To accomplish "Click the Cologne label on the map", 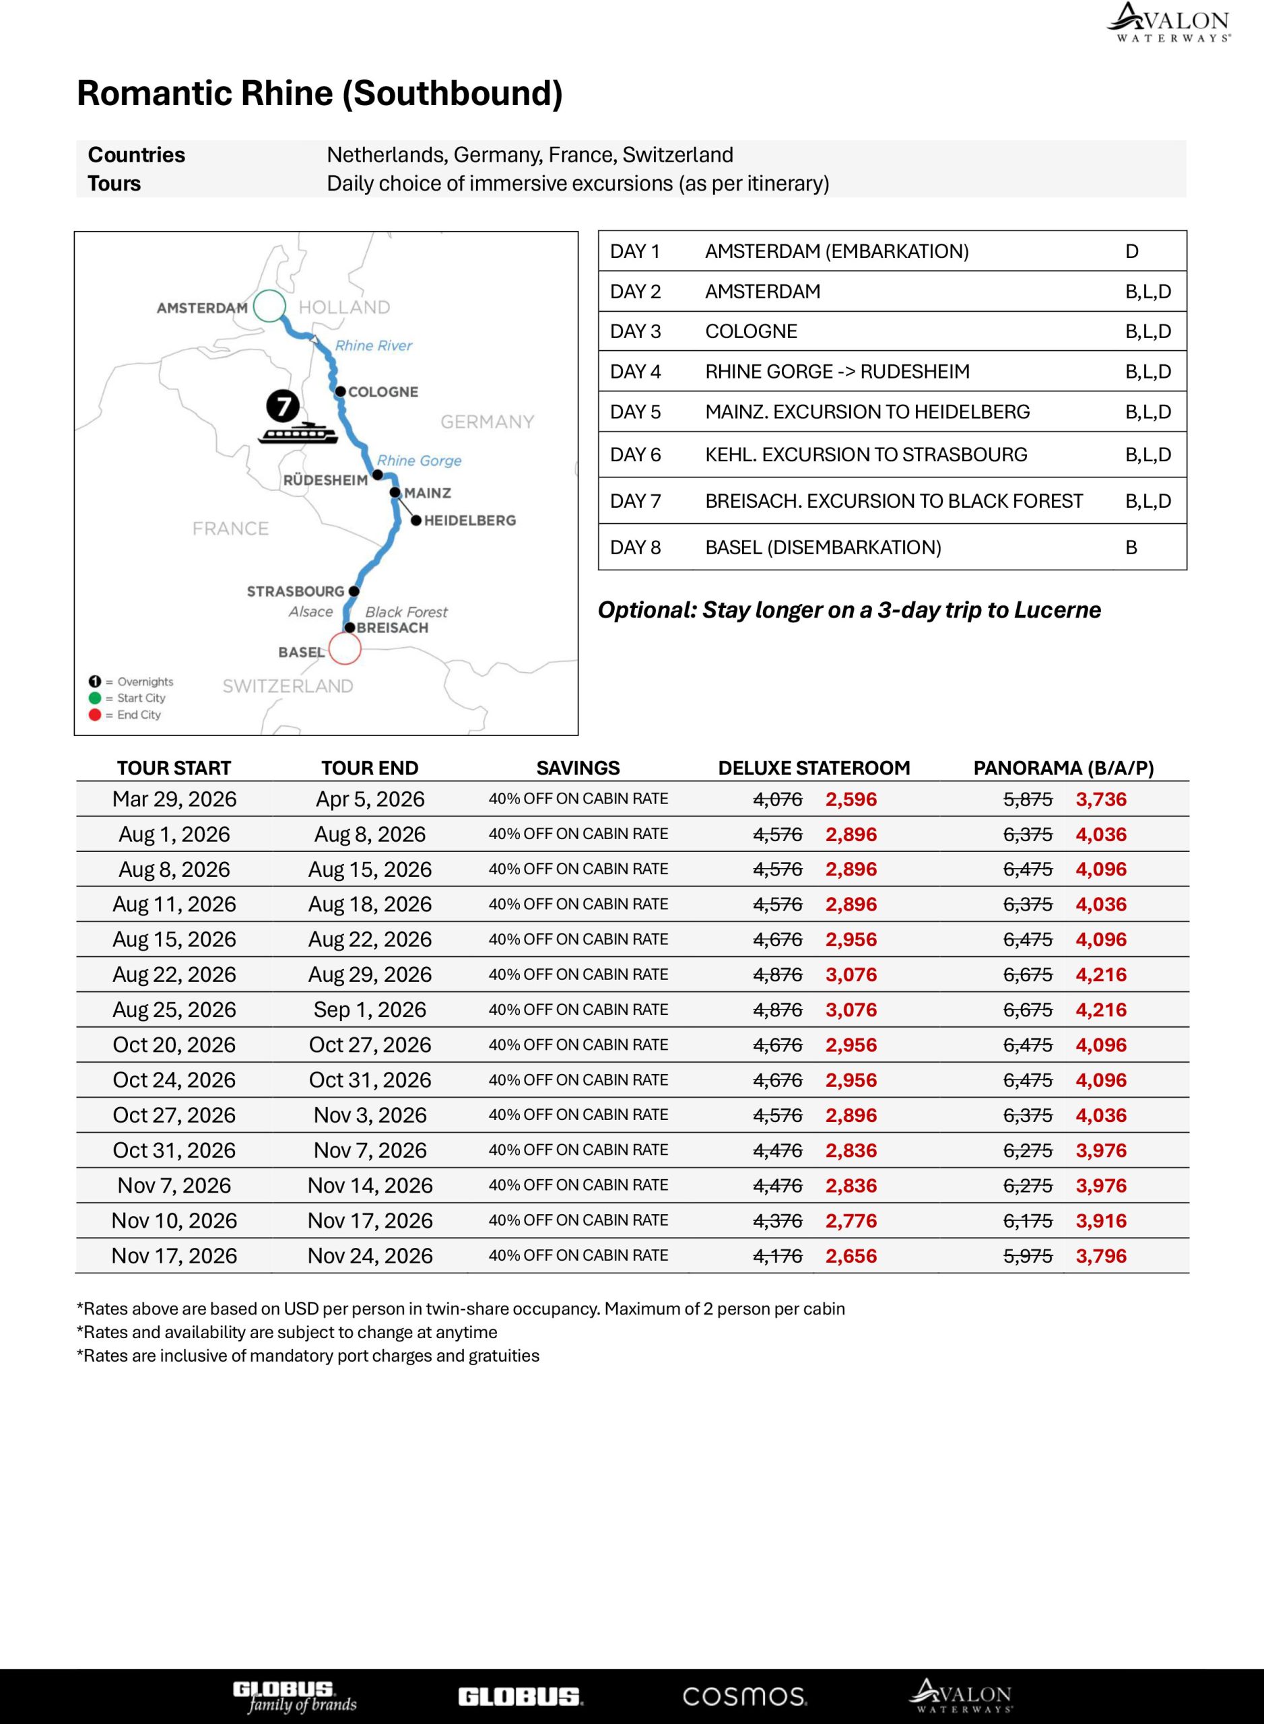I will click(382, 392).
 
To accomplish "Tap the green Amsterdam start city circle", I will click(269, 306).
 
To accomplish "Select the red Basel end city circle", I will click(344, 649).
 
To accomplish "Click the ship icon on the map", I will click(298, 433).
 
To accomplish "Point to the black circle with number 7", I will click(282, 405).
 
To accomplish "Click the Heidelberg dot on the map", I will click(416, 521).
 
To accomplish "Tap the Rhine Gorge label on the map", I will click(419, 461).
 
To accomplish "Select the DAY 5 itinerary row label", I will click(635, 411).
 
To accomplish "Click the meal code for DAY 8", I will click(1131, 547).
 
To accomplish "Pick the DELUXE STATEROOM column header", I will click(813, 768).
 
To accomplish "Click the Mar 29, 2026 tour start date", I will click(174, 799).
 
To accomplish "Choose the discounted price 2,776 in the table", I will click(851, 1220).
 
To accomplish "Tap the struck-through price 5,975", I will click(1028, 1256).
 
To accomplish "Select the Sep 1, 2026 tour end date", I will click(370, 1009).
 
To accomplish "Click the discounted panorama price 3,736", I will click(1101, 799).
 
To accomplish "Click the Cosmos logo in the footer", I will click(743, 1696).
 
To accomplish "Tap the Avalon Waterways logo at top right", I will click(1168, 22).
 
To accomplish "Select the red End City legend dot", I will click(95, 715).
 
